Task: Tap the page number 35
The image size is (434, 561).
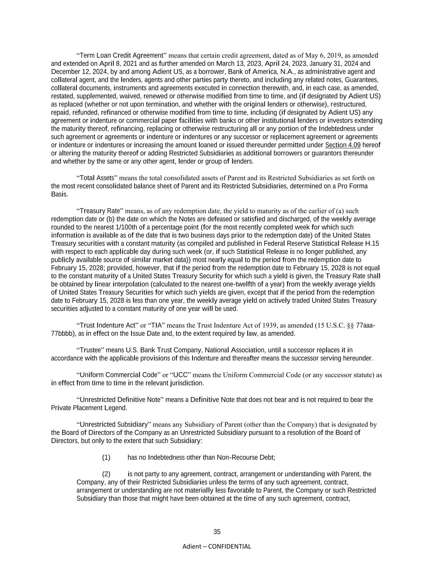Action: pos(217,532)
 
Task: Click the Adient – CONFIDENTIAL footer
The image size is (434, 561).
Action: pos(217,547)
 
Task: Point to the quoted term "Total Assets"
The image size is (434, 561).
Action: pos(97,178)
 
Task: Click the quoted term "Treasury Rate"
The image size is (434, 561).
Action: pos(99,211)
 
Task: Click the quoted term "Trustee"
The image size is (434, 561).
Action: pos(90,350)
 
